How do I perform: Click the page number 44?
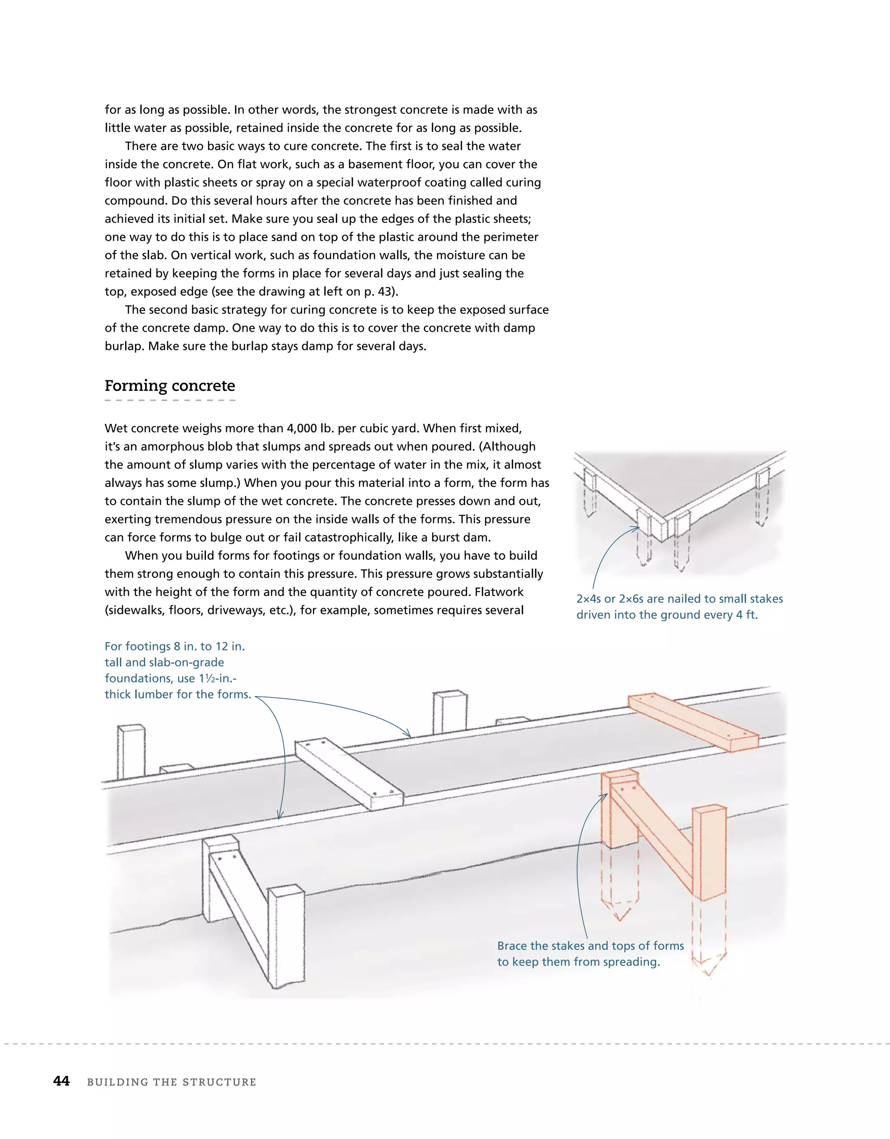pyautogui.click(x=62, y=1081)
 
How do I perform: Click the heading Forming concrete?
pyautogui.click(x=169, y=386)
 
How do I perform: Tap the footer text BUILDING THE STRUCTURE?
pyautogui.click(x=172, y=1082)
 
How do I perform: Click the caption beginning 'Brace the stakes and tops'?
pyautogui.click(x=590, y=953)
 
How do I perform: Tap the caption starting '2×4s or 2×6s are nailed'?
pyautogui.click(x=679, y=606)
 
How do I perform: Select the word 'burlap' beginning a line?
pyautogui.click(x=125, y=346)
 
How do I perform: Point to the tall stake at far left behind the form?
pyautogui.click(x=131, y=751)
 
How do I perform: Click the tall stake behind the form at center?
pyautogui.click(x=449, y=713)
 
